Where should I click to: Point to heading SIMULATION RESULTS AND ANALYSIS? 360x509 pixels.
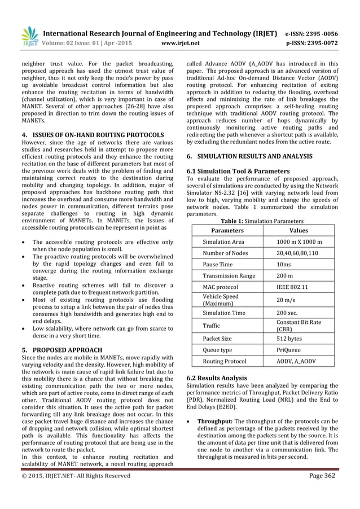click(x=251, y=155)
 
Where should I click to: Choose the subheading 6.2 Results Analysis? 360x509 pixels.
click(x=217, y=377)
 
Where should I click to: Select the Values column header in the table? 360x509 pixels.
click(x=298, y=231)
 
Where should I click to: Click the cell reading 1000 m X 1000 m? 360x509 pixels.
click(x=299, y=242)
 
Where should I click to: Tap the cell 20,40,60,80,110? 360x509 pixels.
click(x=297, y=253)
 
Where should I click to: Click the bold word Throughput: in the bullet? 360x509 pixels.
click(x=215, y=421)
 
